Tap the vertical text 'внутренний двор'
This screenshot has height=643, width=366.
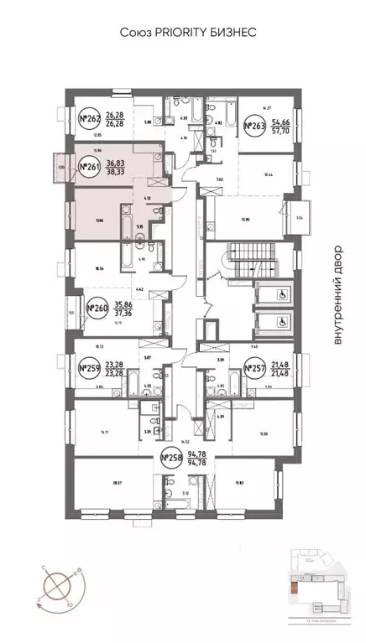(x=338, y=293)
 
